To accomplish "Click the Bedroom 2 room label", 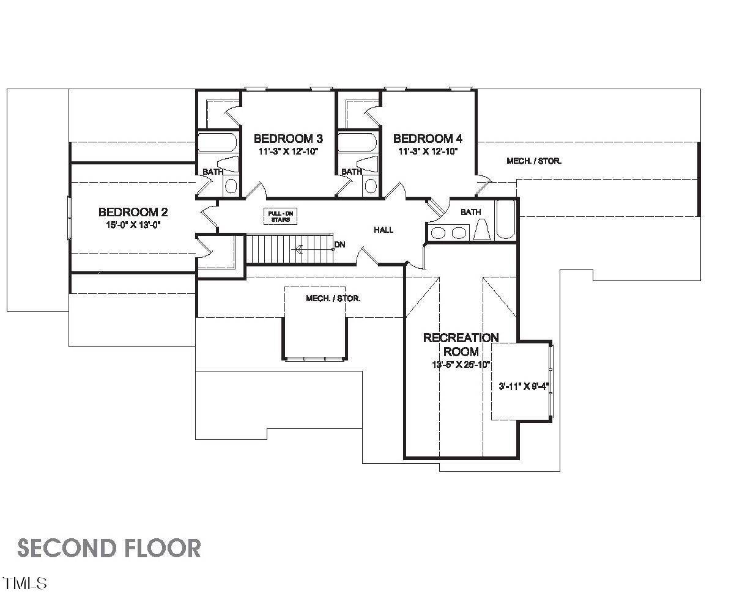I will coord(133,212).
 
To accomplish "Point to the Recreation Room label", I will coord(461,345).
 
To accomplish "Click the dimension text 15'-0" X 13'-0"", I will coord(133,224).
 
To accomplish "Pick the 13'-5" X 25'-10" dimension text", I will coord(461,365).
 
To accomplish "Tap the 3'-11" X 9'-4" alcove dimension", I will coord(524,386).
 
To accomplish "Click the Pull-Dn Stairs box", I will coord(281,216).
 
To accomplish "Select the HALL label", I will coord(384,230).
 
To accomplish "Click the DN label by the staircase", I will coord(339,244).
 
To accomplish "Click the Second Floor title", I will coord(109,548).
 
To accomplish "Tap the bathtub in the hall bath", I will coord(505,219).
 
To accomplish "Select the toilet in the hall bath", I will coord(481,230).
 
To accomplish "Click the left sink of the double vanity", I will coord(439,232).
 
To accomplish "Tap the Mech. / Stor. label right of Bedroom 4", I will coord(533,161).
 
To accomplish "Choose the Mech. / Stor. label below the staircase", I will coord(333,299).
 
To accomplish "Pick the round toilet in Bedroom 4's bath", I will coord(371,185).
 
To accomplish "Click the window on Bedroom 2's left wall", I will coord(70,216).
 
